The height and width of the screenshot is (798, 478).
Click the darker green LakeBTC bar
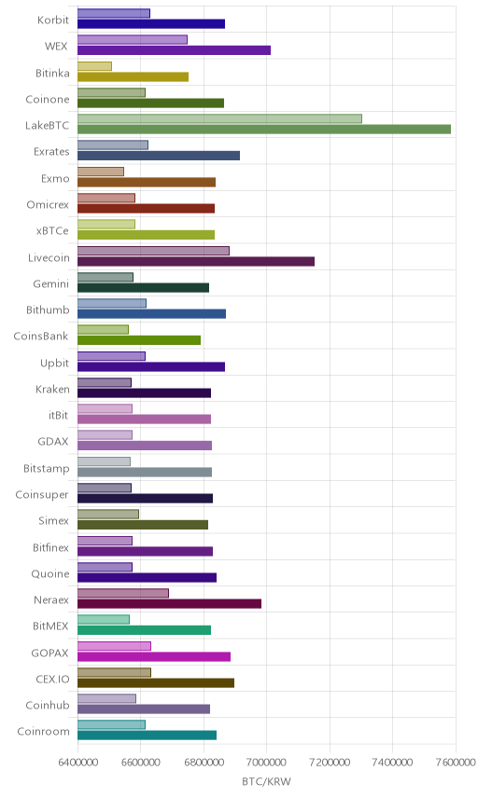point(264,130)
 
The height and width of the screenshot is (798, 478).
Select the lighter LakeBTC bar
point(219,118)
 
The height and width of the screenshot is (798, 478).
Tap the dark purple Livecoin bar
point(196,262)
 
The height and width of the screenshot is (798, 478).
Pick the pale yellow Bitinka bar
point(94,66)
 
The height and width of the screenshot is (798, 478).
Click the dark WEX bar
point(174,50)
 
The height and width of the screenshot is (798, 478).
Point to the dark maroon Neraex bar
point(169,603)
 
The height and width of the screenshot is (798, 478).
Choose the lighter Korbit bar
point(114,13)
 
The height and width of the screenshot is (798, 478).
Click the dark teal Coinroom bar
point(147,736)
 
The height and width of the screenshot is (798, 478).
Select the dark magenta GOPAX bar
point(154,656)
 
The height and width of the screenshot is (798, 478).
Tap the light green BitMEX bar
point(104,619)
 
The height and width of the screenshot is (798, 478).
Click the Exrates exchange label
point(51,152)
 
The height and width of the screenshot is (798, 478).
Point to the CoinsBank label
point(41,336)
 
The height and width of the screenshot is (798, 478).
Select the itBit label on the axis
point(58,415)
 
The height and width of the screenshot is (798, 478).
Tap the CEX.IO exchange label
point(52,679)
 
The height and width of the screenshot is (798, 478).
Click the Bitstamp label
point(47,468)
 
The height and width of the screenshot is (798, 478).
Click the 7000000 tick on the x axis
point(266,763)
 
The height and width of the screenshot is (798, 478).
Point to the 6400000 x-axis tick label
point(78,763)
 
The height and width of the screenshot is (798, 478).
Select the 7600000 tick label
point(456,763)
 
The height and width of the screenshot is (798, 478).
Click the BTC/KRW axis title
point(266,782)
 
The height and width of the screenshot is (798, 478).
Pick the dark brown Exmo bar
point(147,182)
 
